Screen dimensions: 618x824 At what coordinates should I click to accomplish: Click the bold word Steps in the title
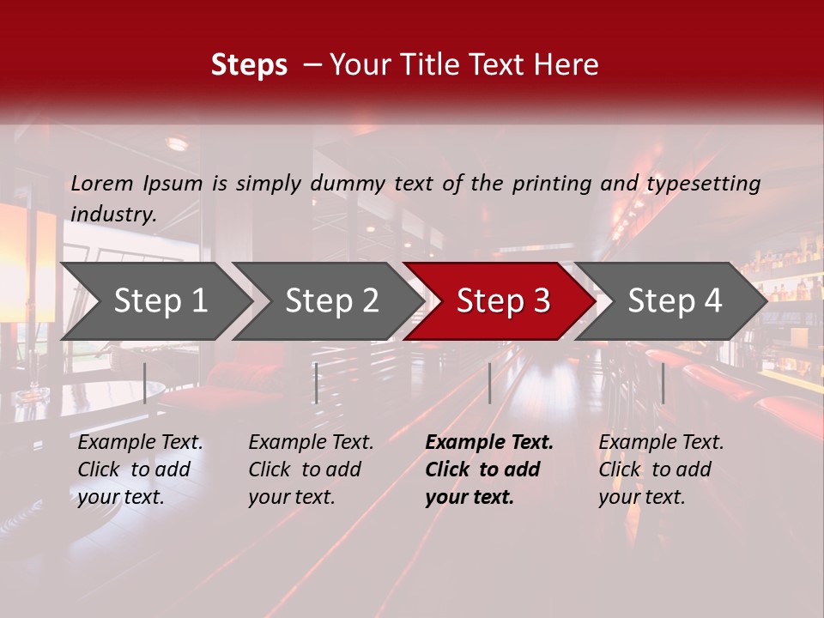249,65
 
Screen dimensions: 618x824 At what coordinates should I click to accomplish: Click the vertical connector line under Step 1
144,383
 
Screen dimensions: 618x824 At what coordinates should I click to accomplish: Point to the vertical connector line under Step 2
317,383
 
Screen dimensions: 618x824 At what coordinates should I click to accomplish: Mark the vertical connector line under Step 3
489,383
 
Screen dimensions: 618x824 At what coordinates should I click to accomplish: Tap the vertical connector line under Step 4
663,383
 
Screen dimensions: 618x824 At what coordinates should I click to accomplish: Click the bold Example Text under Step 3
489,470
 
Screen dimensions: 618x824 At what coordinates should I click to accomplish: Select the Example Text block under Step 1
140,470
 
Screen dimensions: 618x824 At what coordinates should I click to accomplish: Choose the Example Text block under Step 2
311,470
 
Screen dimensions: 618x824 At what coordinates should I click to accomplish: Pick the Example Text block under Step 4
661,470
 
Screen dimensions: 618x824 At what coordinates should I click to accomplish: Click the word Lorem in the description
102,183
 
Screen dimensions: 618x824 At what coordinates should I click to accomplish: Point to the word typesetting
703,183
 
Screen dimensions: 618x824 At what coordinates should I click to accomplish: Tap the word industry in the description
113,214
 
